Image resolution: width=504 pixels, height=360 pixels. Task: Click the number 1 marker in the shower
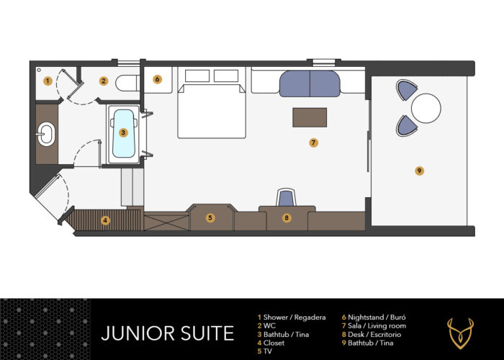point(48,81)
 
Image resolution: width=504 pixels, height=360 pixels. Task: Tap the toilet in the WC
point(127,83)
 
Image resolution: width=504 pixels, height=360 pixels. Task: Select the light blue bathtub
point(124,134)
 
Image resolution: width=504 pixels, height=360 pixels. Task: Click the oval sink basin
point(46,134)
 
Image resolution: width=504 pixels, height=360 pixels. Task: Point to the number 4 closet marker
point(105,220)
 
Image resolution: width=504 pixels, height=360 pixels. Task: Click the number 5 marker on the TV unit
point(210,218)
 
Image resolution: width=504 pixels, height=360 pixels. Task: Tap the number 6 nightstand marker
point(157,79)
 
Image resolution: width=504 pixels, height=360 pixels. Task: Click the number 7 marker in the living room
point(313,143)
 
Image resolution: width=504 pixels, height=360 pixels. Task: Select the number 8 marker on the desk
point(287,218)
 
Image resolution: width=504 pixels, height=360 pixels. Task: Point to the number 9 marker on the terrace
point(419,171)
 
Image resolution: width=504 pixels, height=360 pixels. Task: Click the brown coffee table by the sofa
point(310,117)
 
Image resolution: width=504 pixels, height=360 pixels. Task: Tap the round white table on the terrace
point(426,108)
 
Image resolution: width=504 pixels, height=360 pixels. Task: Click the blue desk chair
point(286,197)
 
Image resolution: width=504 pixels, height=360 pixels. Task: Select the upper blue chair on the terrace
point(407,90)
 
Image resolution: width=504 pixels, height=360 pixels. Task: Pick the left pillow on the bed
point(197,76)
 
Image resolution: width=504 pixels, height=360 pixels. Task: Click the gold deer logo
point(460,333)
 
